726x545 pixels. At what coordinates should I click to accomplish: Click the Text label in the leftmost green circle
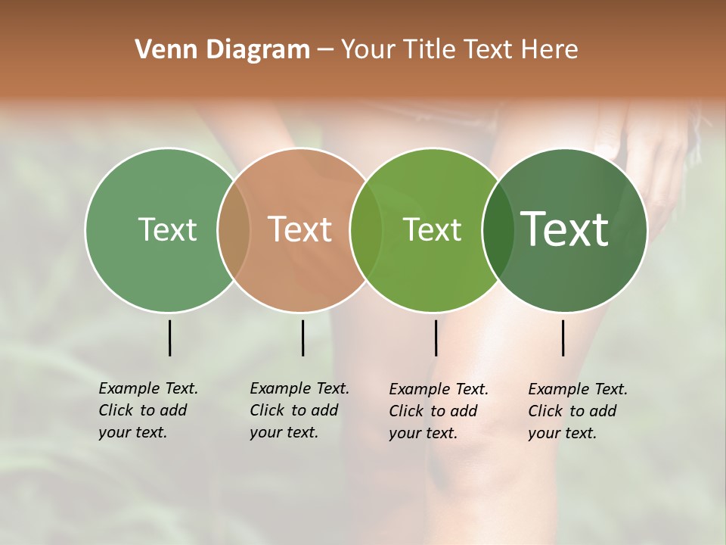[167, 229]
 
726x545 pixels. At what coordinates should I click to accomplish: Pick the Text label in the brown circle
[300, 229]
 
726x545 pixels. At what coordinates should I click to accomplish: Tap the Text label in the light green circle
[433, 230]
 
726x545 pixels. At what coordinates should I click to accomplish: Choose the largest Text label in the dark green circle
[565, 229]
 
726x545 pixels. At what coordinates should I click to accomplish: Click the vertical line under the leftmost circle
[169, 338]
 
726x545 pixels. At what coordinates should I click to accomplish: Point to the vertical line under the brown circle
[302, 338]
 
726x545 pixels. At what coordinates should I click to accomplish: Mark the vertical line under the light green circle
[436, 338]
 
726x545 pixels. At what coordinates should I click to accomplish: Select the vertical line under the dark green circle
[563, 338]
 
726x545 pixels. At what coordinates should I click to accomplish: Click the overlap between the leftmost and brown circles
[234, 230]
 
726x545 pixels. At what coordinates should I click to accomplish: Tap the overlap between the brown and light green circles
[366, 230]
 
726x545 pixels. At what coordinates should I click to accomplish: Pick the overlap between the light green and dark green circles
[498, 230]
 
